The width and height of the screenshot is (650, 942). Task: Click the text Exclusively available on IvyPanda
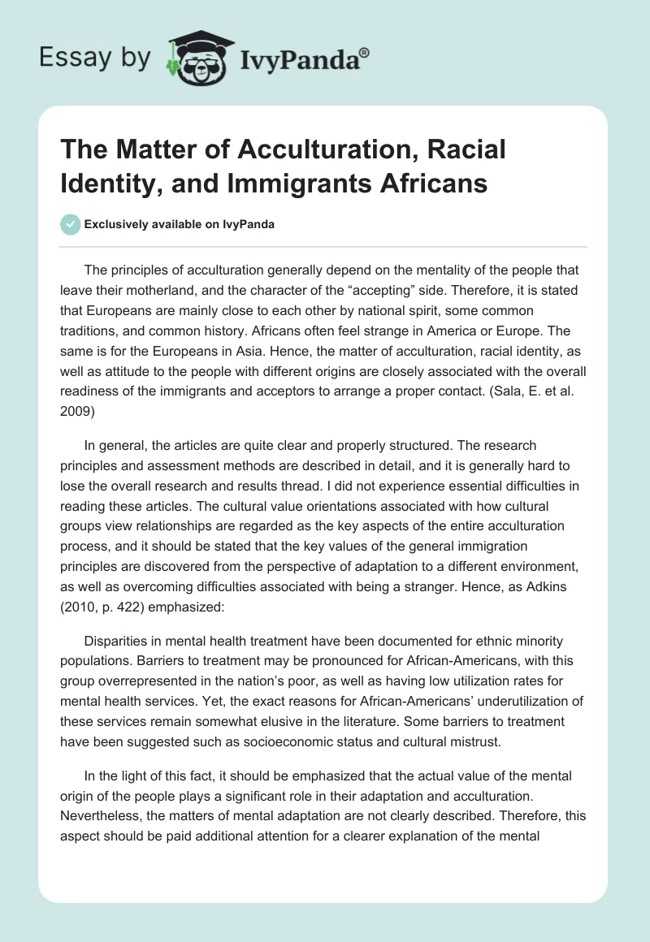[x=178, y=224]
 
